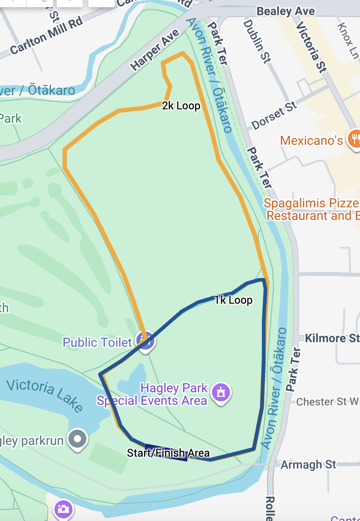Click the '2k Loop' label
pos(181,106)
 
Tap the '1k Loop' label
pos(233,300)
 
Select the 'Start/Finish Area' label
pos(168,453)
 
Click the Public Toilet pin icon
pos(145,341)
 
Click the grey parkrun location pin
pos(78,438)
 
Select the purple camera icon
pos(63,509)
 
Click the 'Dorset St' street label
pos(274,116)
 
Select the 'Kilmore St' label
pos(332,338)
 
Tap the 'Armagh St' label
pos(308,464)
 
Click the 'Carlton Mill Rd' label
pos(47,37)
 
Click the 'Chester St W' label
pos(328,401)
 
